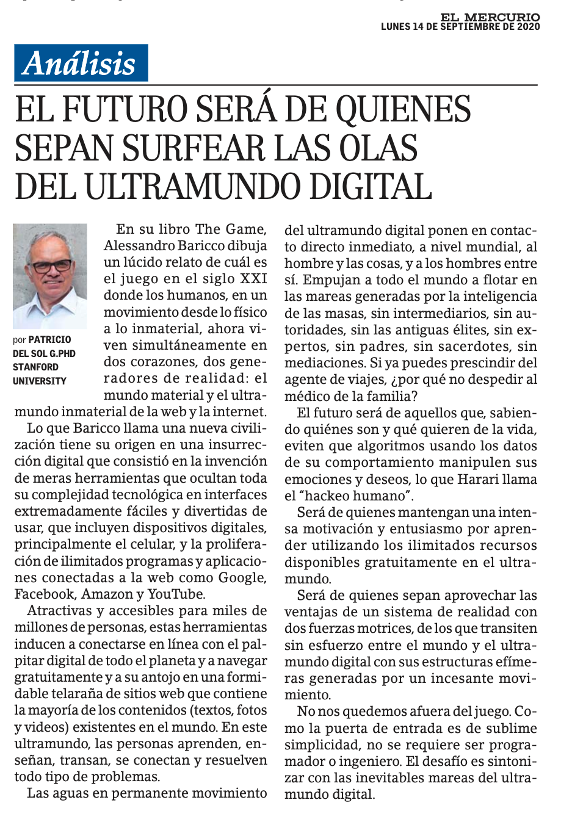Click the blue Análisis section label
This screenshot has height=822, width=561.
pyautogui.click(x=81, y=63)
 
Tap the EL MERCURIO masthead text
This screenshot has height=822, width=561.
pyautogui.click(x=492, y=17)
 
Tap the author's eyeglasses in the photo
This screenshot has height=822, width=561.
pyautogui.click(x=52, y=267)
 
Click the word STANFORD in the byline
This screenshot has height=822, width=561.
pyautogui.click(x=35, y=367)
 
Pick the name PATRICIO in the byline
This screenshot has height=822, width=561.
pyautogui.click(x=50, y=339)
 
